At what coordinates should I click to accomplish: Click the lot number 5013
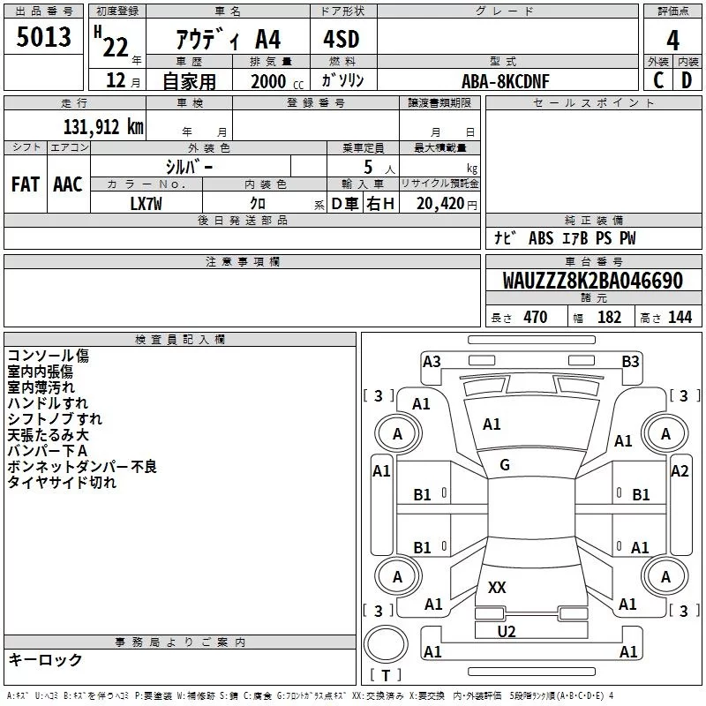coord(44,38)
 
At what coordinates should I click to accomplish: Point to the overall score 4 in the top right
coord(672,41)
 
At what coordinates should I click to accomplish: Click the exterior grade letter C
coord(657,79)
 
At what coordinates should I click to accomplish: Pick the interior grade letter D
coord(687,79)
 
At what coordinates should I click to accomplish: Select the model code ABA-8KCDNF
coord(505,80)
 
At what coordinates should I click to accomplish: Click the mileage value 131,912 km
coord(102,127)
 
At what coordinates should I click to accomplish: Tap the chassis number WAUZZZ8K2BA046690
coord(592,282)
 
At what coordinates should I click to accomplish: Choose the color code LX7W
coord(146,204)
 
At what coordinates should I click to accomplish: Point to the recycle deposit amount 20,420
coord(439,204)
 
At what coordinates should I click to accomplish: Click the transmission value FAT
coord(26,184)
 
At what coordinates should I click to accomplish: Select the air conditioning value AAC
coord(68,184)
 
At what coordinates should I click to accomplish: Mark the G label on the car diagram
coord(505,465)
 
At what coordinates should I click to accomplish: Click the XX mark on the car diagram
coord(497,588)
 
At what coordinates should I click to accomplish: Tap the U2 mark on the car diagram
coord(506,631)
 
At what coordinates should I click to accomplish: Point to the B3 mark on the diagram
coord(630,361)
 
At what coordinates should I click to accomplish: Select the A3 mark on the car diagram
coord(432,361)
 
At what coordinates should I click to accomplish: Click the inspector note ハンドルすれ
coord(48,403)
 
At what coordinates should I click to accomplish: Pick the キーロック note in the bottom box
coord(45,660)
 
